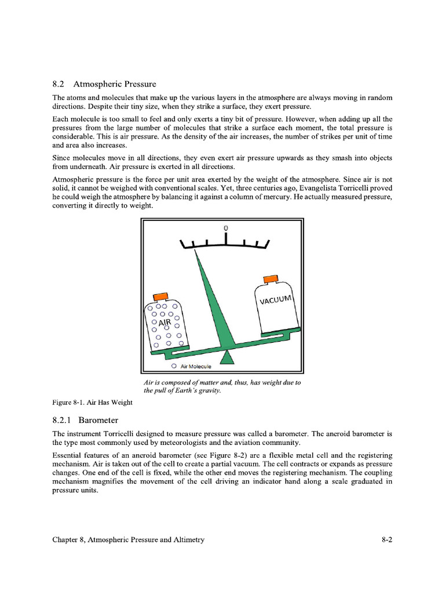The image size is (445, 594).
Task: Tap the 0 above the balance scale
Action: (x=225, y=227)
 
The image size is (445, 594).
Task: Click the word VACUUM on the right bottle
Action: (x=276, y=300)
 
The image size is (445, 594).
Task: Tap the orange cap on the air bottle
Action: (x=160, y=297)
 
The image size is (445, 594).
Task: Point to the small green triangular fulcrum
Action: (x=227, y=357)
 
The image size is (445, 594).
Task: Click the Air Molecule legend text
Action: (x=196, y=367)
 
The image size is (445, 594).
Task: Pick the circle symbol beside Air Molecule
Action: (x=173, y=367)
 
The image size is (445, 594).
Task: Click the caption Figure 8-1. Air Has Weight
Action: (x=93, y=403)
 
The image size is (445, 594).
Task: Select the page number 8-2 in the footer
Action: (x=387, y=539)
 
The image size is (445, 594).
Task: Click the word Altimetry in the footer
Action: (x=185, y=539)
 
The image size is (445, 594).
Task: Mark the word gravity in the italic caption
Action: (x=208, y=390)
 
